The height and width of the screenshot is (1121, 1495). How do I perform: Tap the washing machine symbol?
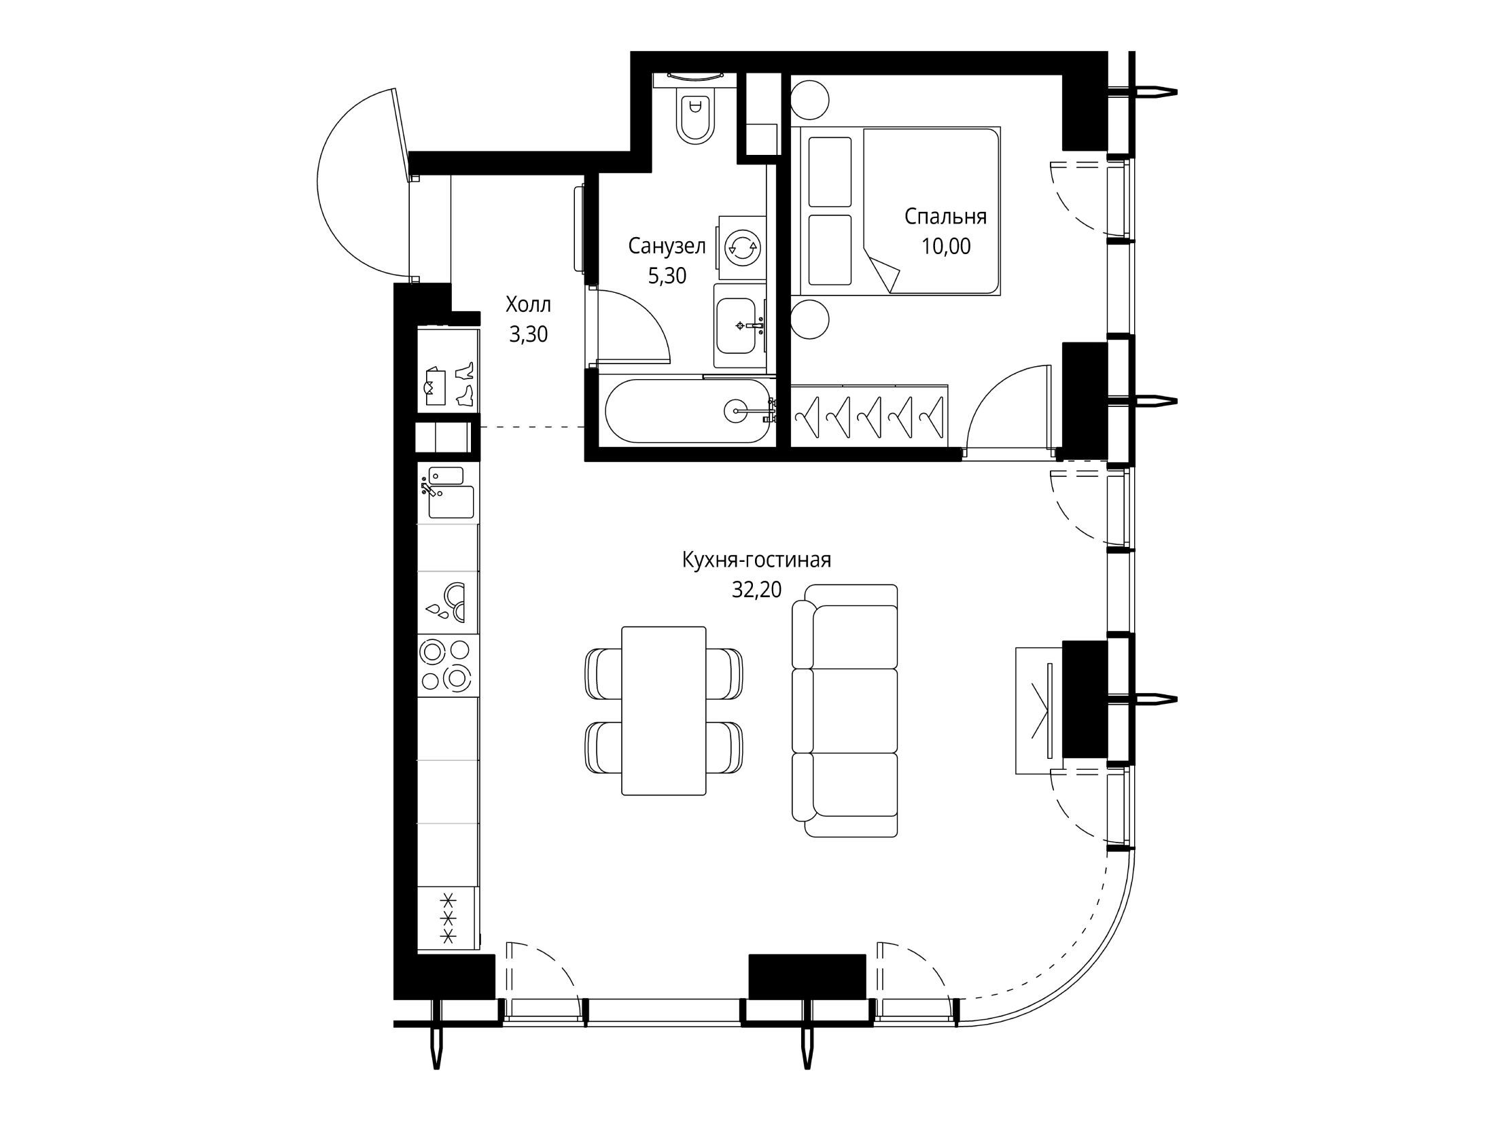coord(742,248)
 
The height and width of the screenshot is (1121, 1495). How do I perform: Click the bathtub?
coord(687,412)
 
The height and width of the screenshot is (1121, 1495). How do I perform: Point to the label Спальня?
coord(945,217)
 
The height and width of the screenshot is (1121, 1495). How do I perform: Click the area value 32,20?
coord(756,590)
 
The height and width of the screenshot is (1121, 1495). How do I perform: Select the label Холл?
coord(528,305)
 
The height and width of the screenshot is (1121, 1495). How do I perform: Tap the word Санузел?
coord(667,246)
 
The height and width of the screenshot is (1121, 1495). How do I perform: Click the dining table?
coord(664,711)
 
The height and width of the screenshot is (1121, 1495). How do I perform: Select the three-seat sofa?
coord(845,711)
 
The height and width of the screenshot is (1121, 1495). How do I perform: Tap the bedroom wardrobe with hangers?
coord(869,415)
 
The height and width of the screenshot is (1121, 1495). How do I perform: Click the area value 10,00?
coord(946,246)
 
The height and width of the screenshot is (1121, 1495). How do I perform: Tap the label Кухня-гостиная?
coord(756,560)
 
